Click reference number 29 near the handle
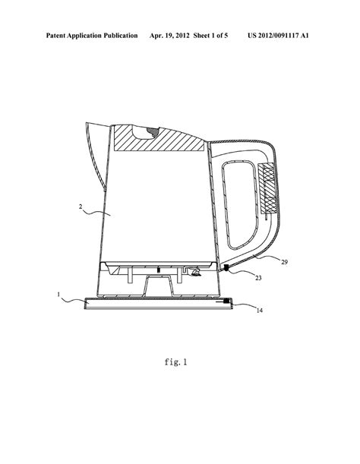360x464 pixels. (x=284, y=262)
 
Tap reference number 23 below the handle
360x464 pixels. (x=258, y=278)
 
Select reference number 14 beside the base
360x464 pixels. (x=259, y=311)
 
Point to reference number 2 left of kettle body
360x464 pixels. (x=81, y=207)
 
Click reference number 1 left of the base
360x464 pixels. (x=58, y=295)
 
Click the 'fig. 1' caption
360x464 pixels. (x=176, y=362)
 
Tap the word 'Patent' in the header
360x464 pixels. (x=55, y=36)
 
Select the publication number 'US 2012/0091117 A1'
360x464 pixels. (x=278, y=36)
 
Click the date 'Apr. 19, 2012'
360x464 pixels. (x=169, y=36)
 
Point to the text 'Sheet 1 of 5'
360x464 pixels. (x=210, y=36)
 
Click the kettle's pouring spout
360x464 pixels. (x=96, y=154)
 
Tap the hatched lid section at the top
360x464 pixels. (x=159, y=138)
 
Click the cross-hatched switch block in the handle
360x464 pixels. (x=268, y=188)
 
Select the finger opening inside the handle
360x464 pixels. (x=240, y=205)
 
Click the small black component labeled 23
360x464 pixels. (x=226, y=268)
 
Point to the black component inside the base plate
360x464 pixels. (x=227, y=301)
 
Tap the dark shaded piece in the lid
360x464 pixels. (x=153, y=131)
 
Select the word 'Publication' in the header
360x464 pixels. (x=121, y=36)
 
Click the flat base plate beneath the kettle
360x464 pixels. (x=159, y=303)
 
